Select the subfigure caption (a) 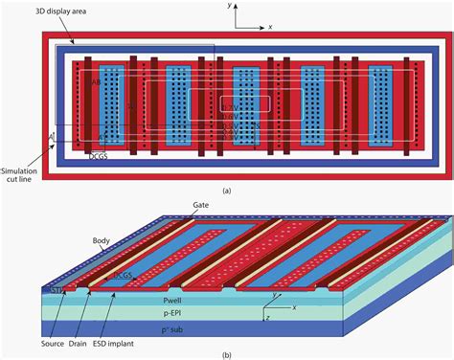click(x=227, y=191)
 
